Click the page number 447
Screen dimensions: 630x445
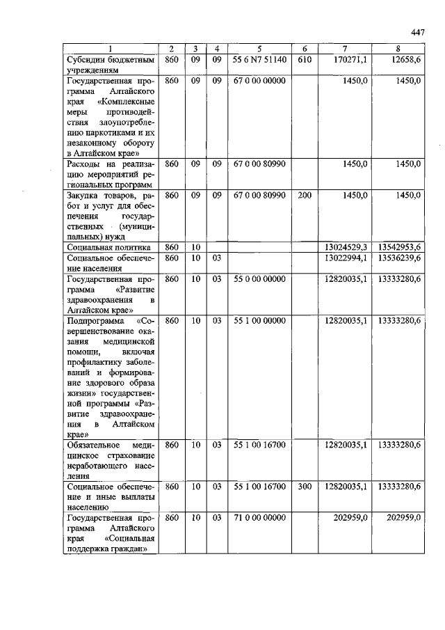[x=417, y=32]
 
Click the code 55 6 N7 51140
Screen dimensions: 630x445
[x=259, y=60]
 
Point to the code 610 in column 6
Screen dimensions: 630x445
[x=304, y=60]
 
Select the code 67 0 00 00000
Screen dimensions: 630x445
[x=259, y=81]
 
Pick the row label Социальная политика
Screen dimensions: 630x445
[x=108, y=247]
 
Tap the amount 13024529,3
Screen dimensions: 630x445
[x=346, y=247]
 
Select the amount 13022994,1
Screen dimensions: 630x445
[x=346, y=258]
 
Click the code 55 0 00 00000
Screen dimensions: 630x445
[x=259, y=279]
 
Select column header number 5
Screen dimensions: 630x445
[x=259, y=49]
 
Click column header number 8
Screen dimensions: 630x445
[x=398, y=49]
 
